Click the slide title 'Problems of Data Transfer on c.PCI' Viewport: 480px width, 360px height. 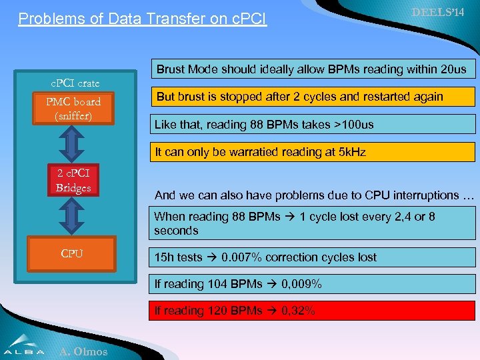(x=142, y=19)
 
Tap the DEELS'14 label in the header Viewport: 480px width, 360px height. (x=438, y=13)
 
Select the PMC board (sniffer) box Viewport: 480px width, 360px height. (x=73, y=109)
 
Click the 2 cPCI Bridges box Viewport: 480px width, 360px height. (x=73, y=180)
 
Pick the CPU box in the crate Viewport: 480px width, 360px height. (x=72, y=253)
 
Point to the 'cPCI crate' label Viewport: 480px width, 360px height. (x=76, y=83)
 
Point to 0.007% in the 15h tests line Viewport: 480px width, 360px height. (x=240, y=257)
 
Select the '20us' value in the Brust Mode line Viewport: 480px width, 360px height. (x=453, y=69)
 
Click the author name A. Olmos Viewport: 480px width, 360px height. (x=83, y=351)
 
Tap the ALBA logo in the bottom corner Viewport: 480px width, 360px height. (x=25, y=345)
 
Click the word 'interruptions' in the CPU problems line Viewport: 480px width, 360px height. (x=416, y=195)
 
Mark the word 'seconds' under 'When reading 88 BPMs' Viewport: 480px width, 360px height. (x=176, y=231)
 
